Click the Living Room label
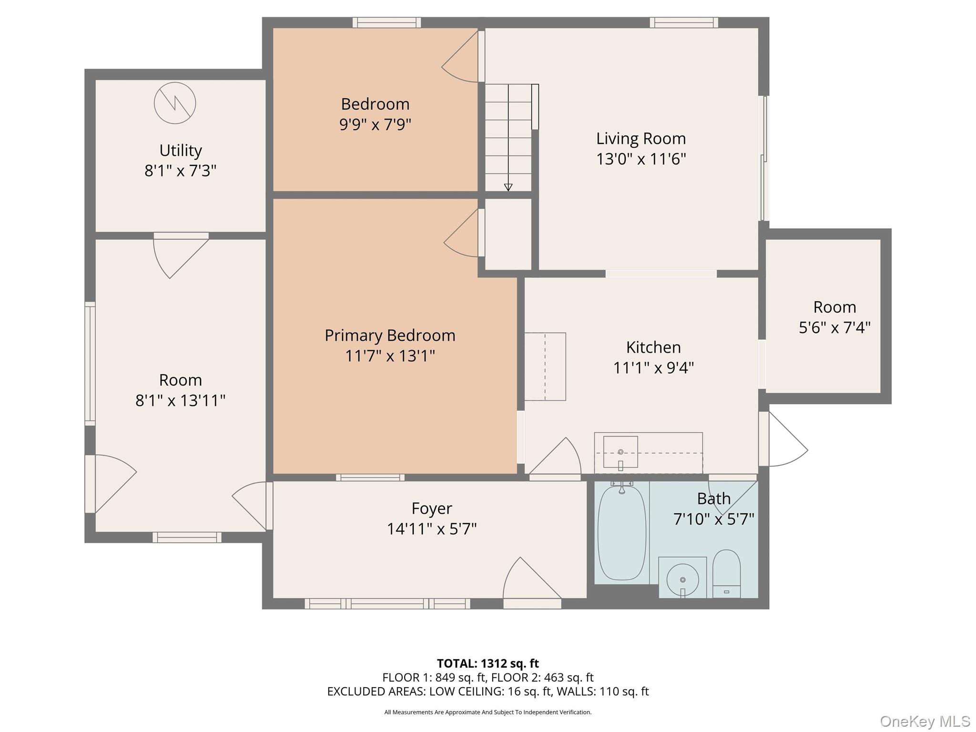click(641, 139)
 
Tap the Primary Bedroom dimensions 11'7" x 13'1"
click(390, 356)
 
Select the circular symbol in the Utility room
click(175, 103)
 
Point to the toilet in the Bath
click(726, 574)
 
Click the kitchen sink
click(620, 452)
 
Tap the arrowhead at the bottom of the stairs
click(508, 187)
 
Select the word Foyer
click(432, 508)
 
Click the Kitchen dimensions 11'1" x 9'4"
click(653, 368)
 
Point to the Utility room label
click(181, 151)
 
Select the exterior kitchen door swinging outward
click(783, 439)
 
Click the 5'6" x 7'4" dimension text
click(834, 328)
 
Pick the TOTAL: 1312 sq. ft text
click(488, 663)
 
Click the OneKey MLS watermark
click(925, 721)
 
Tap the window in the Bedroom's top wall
click(386, 22)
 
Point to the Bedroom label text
click(375, 104)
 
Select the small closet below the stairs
click(508, 234)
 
